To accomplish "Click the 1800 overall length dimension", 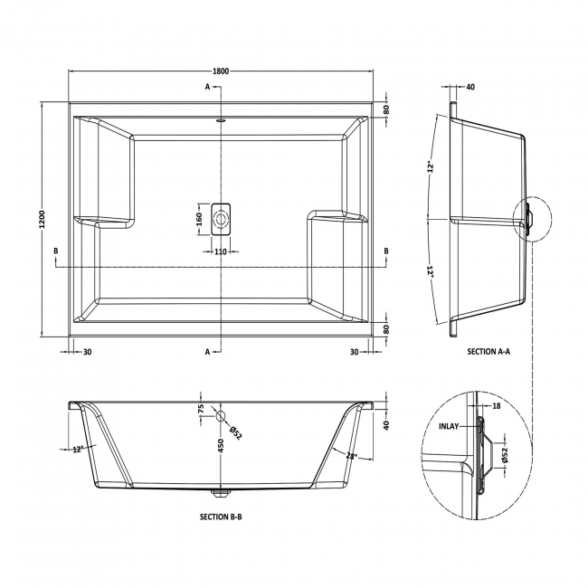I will (x=221, y=70).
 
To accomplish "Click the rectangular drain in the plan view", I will (x=221, y=218).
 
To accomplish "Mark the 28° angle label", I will (x=350, y=455).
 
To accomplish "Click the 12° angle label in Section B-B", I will (x=79, y=448).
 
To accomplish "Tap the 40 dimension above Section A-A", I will (x=470, y=87).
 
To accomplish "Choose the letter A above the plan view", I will (x=207, y=87).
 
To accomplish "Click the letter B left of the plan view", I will (x=56, y=250).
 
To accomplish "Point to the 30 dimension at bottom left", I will (x=87, y=352).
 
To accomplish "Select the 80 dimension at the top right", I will (x=386, y=109).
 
